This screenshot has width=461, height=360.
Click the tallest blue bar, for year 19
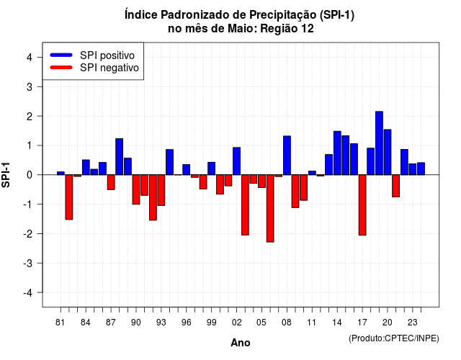379,143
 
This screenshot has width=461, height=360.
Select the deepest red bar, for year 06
270,208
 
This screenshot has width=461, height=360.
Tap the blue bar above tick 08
287,156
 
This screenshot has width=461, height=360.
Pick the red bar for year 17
362,205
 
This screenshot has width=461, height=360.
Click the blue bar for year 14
337,153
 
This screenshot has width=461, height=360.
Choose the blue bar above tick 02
237,161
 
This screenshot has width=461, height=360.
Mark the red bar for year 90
136,189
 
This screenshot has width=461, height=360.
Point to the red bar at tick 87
111,182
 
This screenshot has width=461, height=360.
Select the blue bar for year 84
86,167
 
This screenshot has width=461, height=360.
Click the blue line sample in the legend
61,55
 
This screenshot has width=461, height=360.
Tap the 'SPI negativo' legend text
109,68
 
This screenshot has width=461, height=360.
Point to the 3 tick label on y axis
30,86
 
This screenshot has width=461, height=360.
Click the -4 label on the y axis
28,293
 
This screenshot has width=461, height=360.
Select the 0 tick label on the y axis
30,175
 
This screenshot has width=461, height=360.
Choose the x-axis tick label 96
186,323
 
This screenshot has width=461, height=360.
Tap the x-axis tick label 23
413,323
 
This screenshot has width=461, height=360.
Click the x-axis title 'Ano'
241,343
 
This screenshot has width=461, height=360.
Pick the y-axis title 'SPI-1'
6,175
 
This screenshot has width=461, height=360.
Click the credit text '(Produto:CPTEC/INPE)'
394,338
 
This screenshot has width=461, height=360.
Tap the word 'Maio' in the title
238,29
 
